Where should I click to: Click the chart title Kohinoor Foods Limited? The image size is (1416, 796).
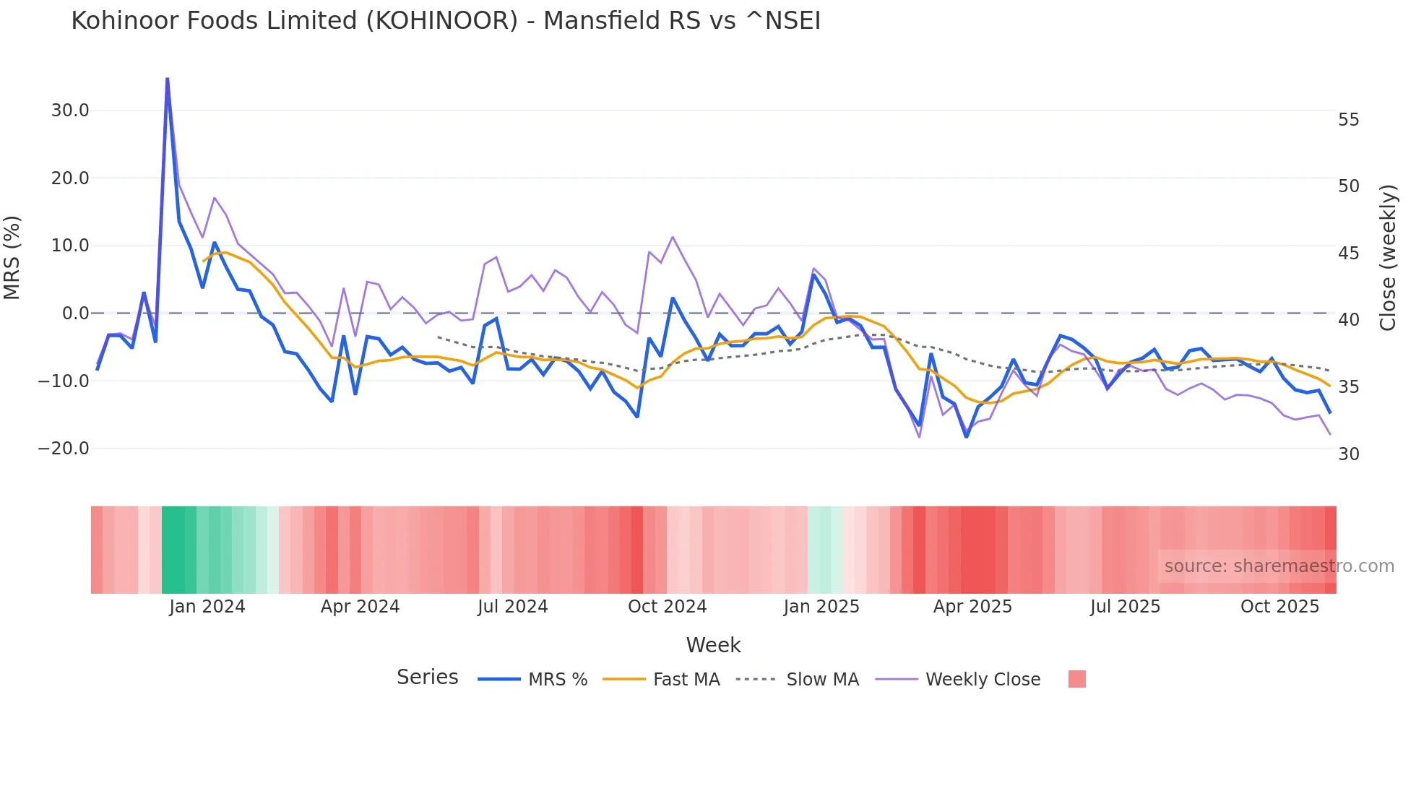coord(445,21)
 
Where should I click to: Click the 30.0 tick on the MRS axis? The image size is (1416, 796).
coord(70,111)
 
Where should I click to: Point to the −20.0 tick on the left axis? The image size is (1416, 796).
coord(64,449)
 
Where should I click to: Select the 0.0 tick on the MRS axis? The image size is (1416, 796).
coord(76,313)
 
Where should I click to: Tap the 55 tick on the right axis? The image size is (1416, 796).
coord(1348,120)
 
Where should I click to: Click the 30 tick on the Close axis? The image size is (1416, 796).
coord(1348,454)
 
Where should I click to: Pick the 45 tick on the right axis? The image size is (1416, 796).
coord(1348,254)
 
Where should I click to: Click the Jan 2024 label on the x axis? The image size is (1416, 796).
coord(207,607)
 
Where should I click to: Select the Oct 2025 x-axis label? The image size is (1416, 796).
coord(1279,607)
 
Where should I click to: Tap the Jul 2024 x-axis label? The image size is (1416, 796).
coord(512,607)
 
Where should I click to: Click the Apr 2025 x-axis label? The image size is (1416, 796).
coord(972,607)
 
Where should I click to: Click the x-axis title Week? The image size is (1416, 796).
coord(713,645)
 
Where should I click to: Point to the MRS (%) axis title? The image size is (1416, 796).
coord(12,258)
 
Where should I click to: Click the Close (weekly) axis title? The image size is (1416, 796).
coord(1387,258)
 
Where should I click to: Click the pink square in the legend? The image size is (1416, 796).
coord(1076,679)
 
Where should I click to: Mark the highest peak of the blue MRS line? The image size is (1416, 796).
coord(167,79)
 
